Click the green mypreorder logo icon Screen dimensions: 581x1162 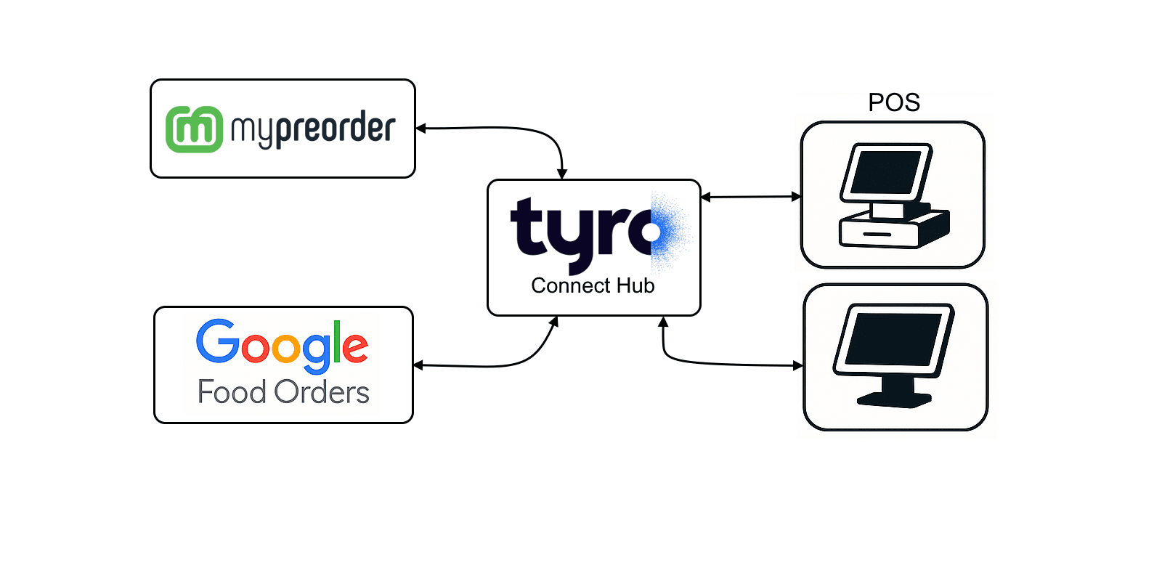coord(194,129)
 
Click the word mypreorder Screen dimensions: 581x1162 coord(313,129)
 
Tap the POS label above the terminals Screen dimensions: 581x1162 coord(894,102)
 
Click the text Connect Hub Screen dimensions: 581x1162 coord(593,285)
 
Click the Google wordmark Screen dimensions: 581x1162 coord(282,344)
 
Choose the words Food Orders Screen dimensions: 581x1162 coord(283,392)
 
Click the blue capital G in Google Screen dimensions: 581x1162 coord(217,341)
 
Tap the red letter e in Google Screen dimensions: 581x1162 coord(355,347)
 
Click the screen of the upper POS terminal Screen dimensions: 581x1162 coord(886,172)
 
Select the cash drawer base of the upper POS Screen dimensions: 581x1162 coord(893,230)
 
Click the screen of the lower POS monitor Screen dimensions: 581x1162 coord(893,339)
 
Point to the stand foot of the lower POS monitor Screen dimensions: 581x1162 coord(894,399)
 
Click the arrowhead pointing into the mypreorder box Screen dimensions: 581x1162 coord(420,129)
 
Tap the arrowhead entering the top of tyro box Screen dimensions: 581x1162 coord(562,174)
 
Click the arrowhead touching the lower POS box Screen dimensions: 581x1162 coord(798,365)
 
